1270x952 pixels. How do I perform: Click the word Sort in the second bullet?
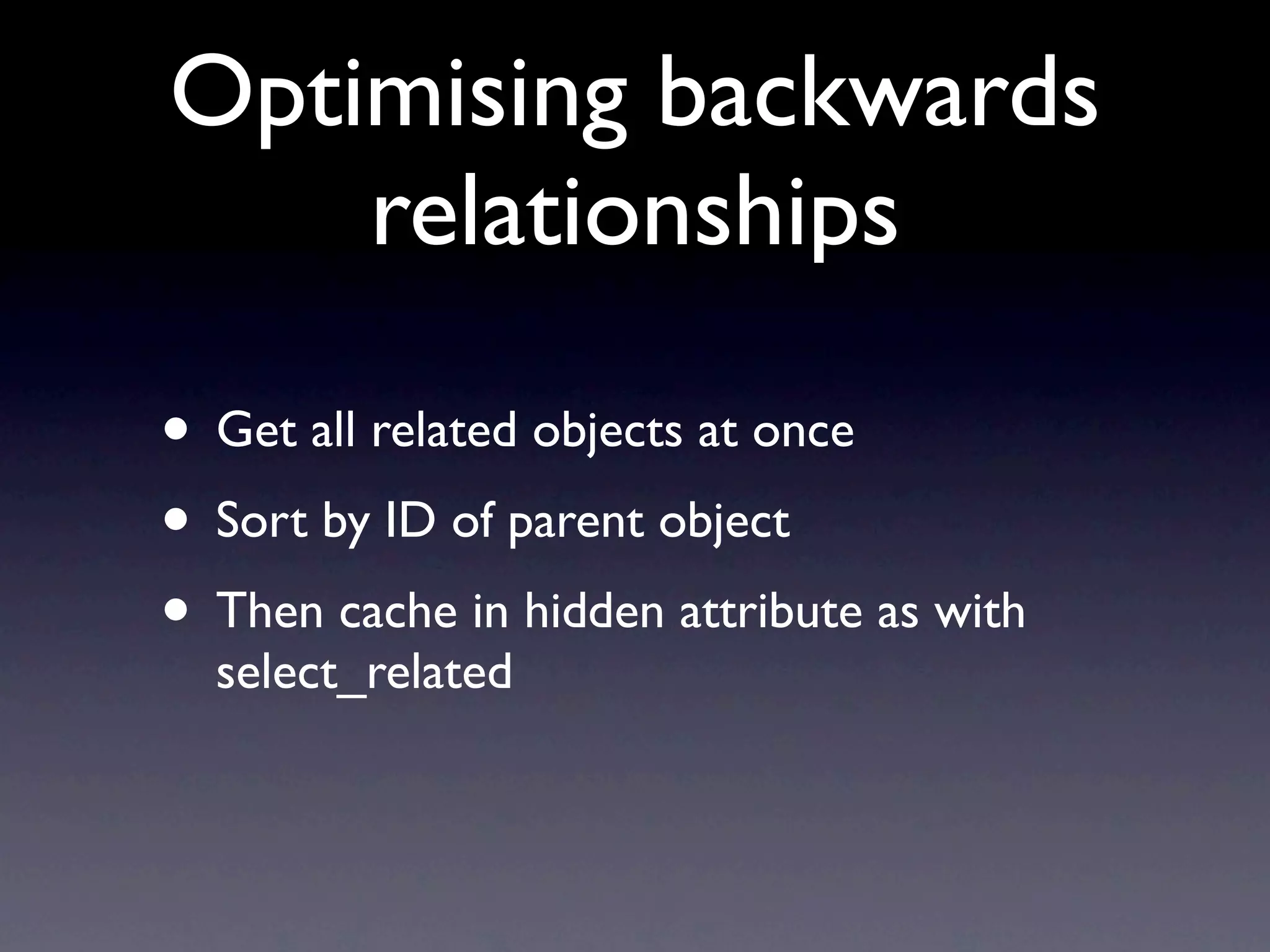pos(262,521)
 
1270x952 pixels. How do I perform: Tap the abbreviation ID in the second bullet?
pos(409,521)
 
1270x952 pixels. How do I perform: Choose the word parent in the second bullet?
pos(574,524)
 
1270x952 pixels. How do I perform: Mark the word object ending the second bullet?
pos(724,524)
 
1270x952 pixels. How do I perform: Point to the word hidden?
pos(594,611)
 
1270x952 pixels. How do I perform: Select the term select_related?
pos(364,672)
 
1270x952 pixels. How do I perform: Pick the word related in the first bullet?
pos(443,431)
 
